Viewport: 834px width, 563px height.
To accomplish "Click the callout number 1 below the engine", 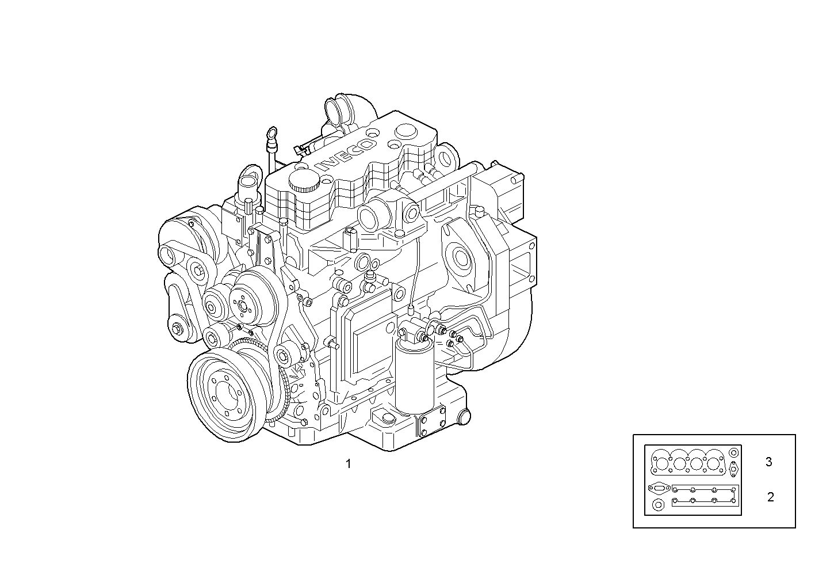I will (348, 464).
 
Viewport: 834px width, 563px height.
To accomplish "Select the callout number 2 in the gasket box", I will (770, 497).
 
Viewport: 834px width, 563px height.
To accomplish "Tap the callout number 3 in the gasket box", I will (768, 462).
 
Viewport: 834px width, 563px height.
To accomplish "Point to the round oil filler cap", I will (304, 179).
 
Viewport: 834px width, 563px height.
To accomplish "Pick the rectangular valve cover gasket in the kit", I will (705, 496).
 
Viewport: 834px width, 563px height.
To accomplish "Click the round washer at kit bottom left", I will (657, 505).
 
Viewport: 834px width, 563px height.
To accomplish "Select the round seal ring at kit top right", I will (733, 453).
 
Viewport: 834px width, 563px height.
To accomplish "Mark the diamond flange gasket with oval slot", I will (657, 488).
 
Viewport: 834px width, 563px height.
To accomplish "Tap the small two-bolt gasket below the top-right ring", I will (733, 469).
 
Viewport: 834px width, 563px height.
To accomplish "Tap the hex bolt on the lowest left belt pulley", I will (176, 329).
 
